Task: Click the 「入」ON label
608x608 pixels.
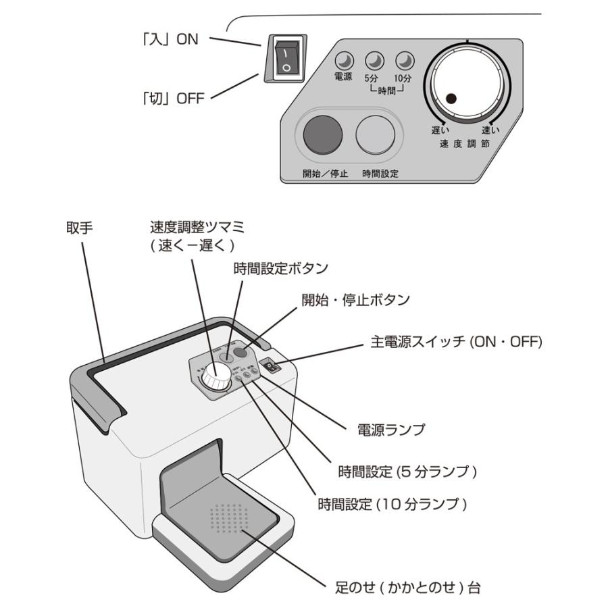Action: (168, 39)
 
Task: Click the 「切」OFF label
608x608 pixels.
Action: (171, 99)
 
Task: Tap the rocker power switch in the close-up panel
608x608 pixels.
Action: (286, 59)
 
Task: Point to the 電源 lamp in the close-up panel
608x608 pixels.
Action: (345, 61)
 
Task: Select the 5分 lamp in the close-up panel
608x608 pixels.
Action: (373, 61)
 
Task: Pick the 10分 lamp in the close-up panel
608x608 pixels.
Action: (403, 61)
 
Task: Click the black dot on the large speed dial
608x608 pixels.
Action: (451, 99)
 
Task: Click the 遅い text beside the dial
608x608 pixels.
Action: (441, 129)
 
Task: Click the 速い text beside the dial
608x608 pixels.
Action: (491, 129)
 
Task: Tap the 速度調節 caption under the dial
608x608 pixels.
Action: (466, 143)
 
